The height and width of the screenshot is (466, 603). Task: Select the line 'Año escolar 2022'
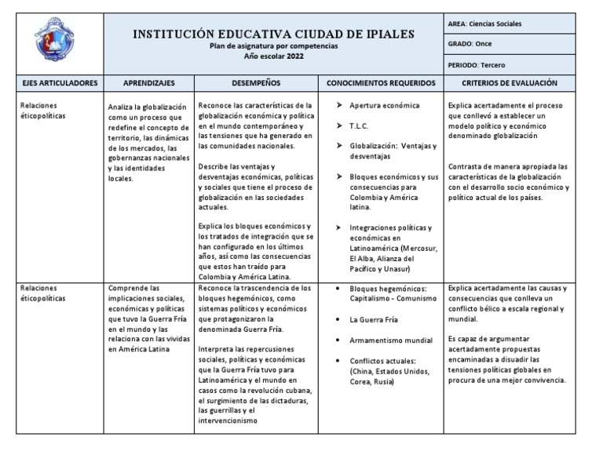tap(274, 56)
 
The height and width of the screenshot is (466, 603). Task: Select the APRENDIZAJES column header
tap(148, 82)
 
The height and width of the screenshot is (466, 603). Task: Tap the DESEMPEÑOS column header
tap(255, 82)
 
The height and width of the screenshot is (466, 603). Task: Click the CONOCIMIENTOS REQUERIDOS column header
tap(378, 82)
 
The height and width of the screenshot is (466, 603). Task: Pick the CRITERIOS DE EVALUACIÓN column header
tap(510, 82)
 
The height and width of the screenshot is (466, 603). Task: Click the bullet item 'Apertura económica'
tap(384, 105)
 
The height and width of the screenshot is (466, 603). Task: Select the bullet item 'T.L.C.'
tap(359, 126)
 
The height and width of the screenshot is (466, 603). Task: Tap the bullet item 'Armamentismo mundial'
tap(390, 340)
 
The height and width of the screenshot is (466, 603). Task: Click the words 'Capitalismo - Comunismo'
tap(393, 299)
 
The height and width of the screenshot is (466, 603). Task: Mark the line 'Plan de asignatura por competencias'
tap(274, 46)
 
